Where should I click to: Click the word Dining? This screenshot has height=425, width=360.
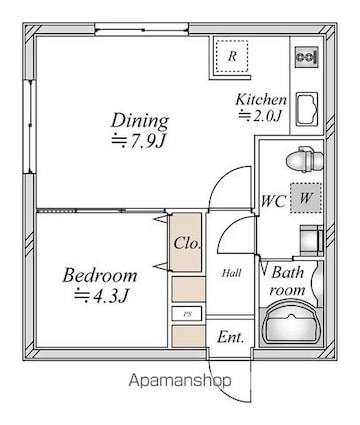pos(140,122)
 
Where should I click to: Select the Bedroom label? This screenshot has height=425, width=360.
pos(100,275)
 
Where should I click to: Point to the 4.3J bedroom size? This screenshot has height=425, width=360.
pos(101,296)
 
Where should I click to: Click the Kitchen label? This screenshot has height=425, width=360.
pos(261,100)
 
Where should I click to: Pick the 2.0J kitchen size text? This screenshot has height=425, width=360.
pos(260,115)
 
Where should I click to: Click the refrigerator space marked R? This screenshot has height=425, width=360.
pos(232,56)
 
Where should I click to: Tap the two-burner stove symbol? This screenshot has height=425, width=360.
pos(306,57)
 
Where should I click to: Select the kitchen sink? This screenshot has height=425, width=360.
pos(307,109)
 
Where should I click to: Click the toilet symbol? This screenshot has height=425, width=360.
pos(305,160)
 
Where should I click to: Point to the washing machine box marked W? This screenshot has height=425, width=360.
pos(305,198)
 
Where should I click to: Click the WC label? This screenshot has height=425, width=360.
pos(274,201)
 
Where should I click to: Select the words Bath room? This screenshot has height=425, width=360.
pos(287,281)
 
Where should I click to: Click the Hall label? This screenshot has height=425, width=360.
pos(232,274)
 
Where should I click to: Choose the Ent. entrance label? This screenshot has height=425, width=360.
pos(231,337)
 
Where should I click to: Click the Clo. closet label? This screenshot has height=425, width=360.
pos(187,243)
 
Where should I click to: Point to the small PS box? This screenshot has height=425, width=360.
pos(187,314)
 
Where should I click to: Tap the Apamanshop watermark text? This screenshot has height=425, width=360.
pos(180,380)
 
